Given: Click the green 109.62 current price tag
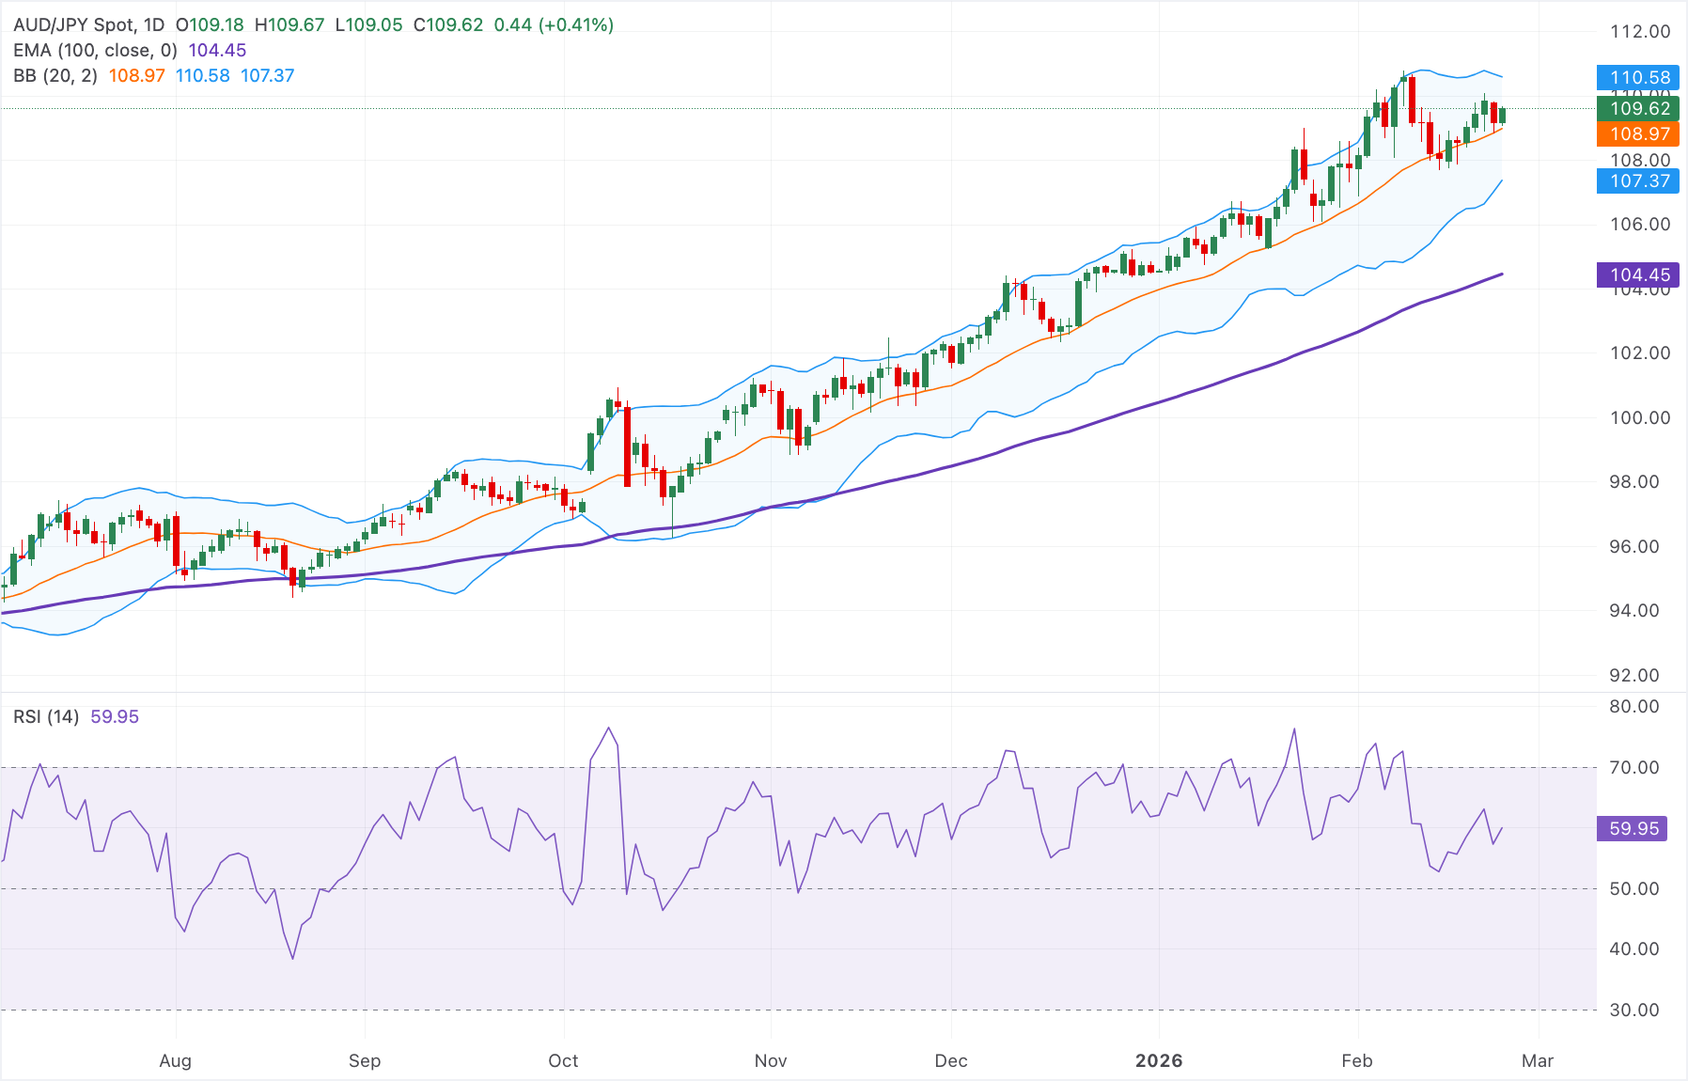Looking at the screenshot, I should coord(1639,109).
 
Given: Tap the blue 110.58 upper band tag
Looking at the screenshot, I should coord(1639,78).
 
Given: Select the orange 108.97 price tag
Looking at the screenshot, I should coord(1639,134).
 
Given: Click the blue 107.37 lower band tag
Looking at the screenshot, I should coord(1639,181).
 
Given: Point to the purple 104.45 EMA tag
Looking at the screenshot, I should coord(1639,275).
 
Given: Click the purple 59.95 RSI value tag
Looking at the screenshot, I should coord(1633,829).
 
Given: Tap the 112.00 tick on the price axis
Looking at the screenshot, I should coord(1640,32).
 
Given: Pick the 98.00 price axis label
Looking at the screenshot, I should coord(1640,482).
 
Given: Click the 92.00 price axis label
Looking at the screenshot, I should coord(1640,676).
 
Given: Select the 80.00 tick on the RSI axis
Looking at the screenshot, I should coord(1634,707).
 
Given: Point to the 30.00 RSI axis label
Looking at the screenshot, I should coord(1634,1010).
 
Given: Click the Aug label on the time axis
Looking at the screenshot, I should coord(176,1061).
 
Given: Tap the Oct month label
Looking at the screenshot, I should coord(563,1061).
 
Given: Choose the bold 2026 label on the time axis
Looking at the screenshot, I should coord(1159,1061).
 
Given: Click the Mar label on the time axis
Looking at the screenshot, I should coord(1538,1061).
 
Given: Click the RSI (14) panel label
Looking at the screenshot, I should coord(46,717).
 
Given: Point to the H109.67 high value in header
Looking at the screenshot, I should coord(289,25).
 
